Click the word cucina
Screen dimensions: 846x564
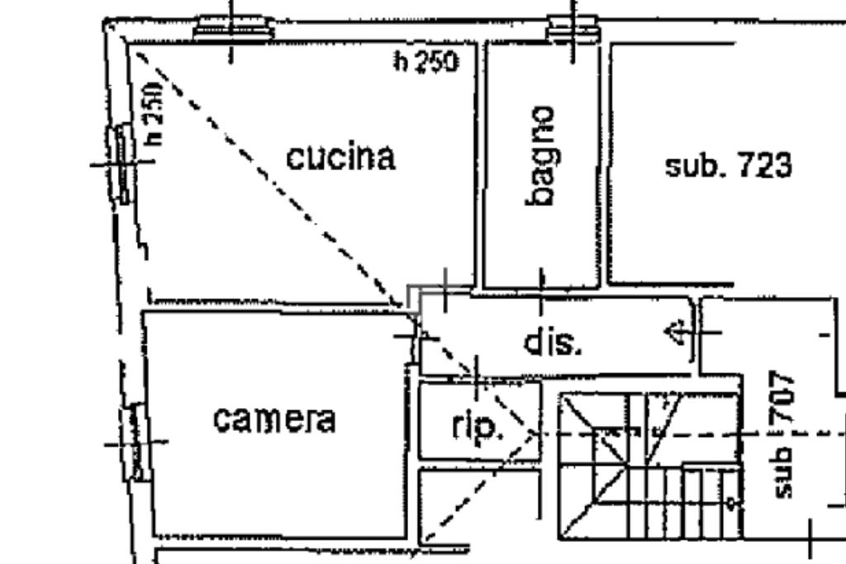pyautogui.click(x=340, y=157)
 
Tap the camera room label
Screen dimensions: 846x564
pyautogui.click(x=274, y=419)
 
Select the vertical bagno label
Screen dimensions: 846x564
pyautogui.click(x=540, y=155)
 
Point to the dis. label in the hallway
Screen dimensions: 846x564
pyautogui.click(x=553, y=342)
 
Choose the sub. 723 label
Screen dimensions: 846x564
pyautogui.click(x=729, y=165)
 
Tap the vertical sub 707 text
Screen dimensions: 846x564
pyautogui.click(x=784, y=434)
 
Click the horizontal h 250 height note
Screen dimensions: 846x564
pyautogui.click(x=426, y=61)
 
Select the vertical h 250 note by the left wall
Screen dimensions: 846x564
pyautogui.click(x=154, y=113)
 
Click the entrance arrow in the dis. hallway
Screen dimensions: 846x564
pyautogui.click(x=677, y=333)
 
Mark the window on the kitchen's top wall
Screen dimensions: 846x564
pyautogui.click(x=232, y=28)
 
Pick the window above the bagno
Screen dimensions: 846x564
pyautogui.click(x=573, y=28)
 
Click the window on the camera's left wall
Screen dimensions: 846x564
pyautogui.click(x=135, y=442)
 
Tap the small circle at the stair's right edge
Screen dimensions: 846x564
pyautogui.click(x=731, y=504)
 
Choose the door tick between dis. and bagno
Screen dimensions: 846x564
pyautogui.click(x=542, y=291)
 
